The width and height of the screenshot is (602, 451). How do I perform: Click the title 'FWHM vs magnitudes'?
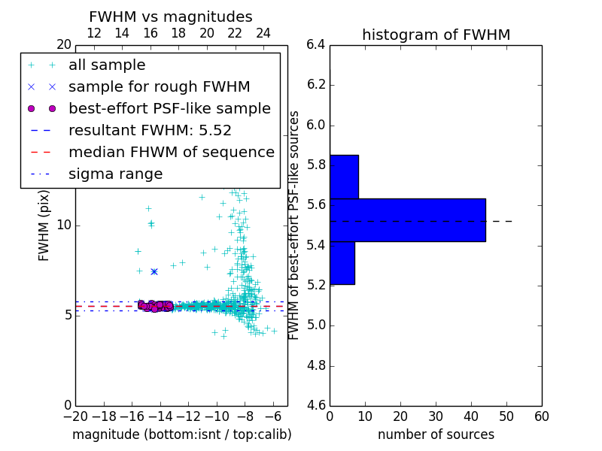171,17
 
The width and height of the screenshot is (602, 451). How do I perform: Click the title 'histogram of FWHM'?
436,35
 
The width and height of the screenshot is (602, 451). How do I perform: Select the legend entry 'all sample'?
107,65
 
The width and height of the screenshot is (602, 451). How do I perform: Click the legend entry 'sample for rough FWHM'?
159,86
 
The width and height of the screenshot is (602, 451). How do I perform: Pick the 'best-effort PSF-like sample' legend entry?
169,108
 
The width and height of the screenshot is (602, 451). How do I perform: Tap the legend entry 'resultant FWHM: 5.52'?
150,130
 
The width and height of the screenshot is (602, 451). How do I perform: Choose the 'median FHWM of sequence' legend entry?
171,152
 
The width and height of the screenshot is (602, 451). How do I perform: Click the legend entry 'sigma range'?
115,174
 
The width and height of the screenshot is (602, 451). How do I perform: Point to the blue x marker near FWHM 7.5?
154,271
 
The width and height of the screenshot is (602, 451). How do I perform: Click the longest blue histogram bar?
407,219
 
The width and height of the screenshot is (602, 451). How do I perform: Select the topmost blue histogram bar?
344,177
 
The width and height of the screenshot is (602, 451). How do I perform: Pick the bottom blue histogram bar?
342,263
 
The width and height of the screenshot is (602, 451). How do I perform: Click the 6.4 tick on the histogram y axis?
316,44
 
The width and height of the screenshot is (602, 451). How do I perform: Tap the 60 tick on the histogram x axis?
541,416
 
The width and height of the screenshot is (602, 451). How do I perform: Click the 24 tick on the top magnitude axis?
263,33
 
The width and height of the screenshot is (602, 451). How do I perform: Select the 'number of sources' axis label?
436,434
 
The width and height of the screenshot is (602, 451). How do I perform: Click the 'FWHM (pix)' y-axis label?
44,224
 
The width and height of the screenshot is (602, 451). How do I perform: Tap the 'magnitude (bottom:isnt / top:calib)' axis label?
181,434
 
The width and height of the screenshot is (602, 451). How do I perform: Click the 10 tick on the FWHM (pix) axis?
64,225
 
